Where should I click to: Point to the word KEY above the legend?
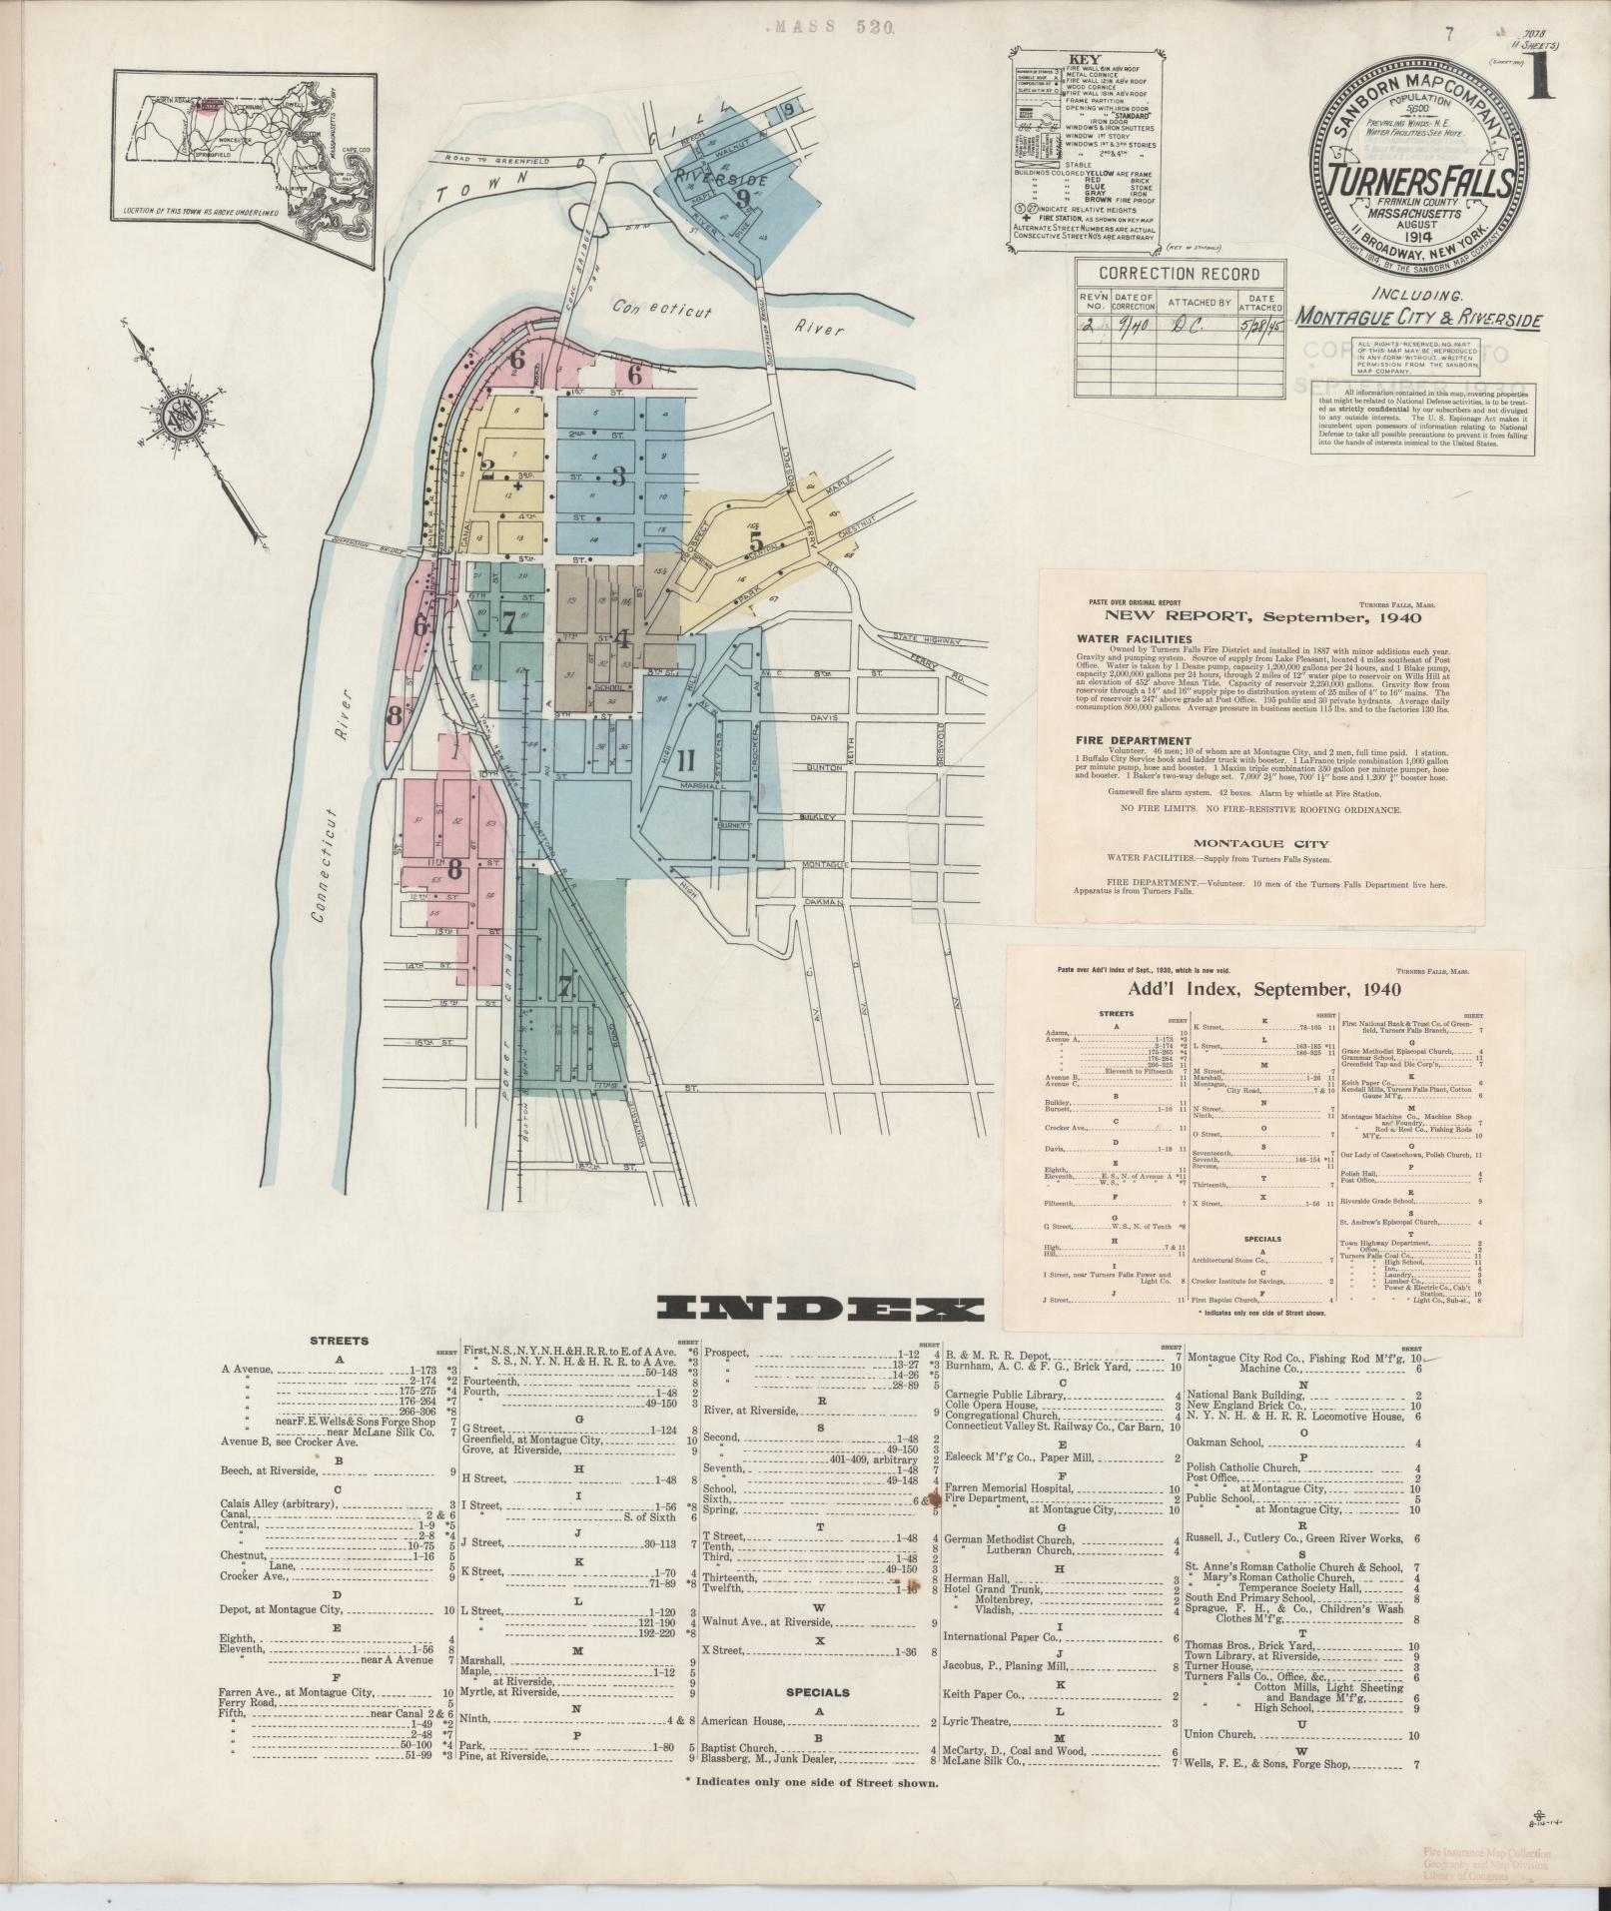tap(1083, 59)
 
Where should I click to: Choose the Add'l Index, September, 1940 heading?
tap(1263, 989)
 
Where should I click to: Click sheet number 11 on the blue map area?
tap(685, 758)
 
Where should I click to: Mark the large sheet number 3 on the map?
tap(619, 477)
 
